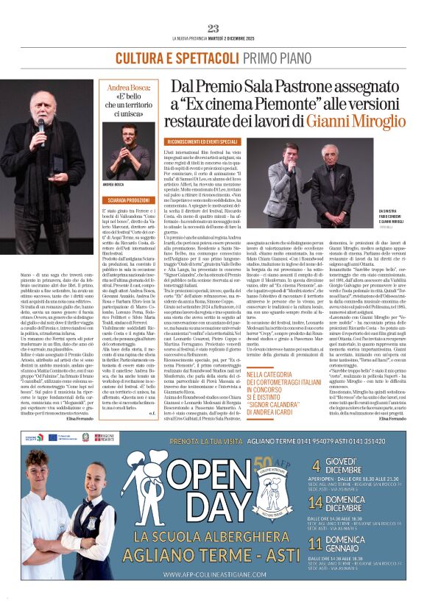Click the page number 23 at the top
213,28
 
